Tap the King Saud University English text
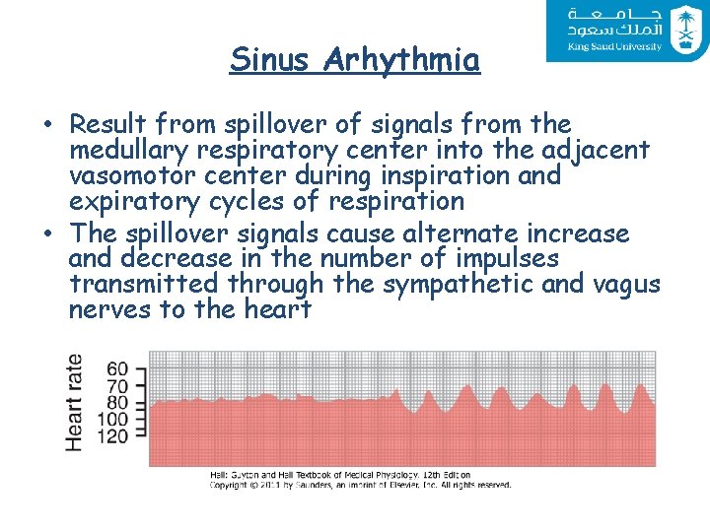coord(614,46)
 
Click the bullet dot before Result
coord(48,126)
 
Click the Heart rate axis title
coord(75,403)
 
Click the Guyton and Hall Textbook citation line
coord(339,475)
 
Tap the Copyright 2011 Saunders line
coord(359,485)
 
